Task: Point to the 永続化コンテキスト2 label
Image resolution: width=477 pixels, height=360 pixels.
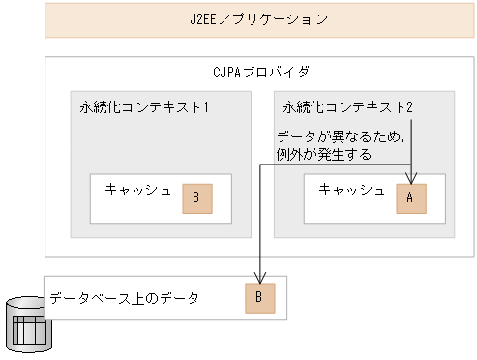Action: pos(347,107)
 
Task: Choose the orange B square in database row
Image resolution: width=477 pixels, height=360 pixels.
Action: pos(258,298)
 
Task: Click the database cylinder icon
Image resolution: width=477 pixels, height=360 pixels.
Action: pos(28,324)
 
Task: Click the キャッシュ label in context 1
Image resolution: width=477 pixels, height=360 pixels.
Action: pos(138,189)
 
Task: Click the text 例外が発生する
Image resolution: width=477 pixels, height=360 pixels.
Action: pos(324,153)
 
